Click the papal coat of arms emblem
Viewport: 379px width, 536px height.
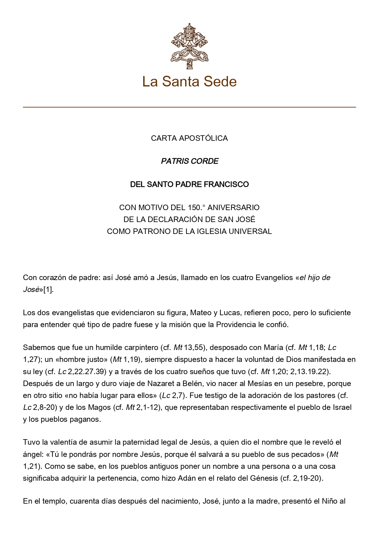[189, 46]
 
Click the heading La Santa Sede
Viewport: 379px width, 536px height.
[189, 82]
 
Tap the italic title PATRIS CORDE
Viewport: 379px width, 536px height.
[189, 161]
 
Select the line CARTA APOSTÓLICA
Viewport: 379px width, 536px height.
[189, 138]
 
